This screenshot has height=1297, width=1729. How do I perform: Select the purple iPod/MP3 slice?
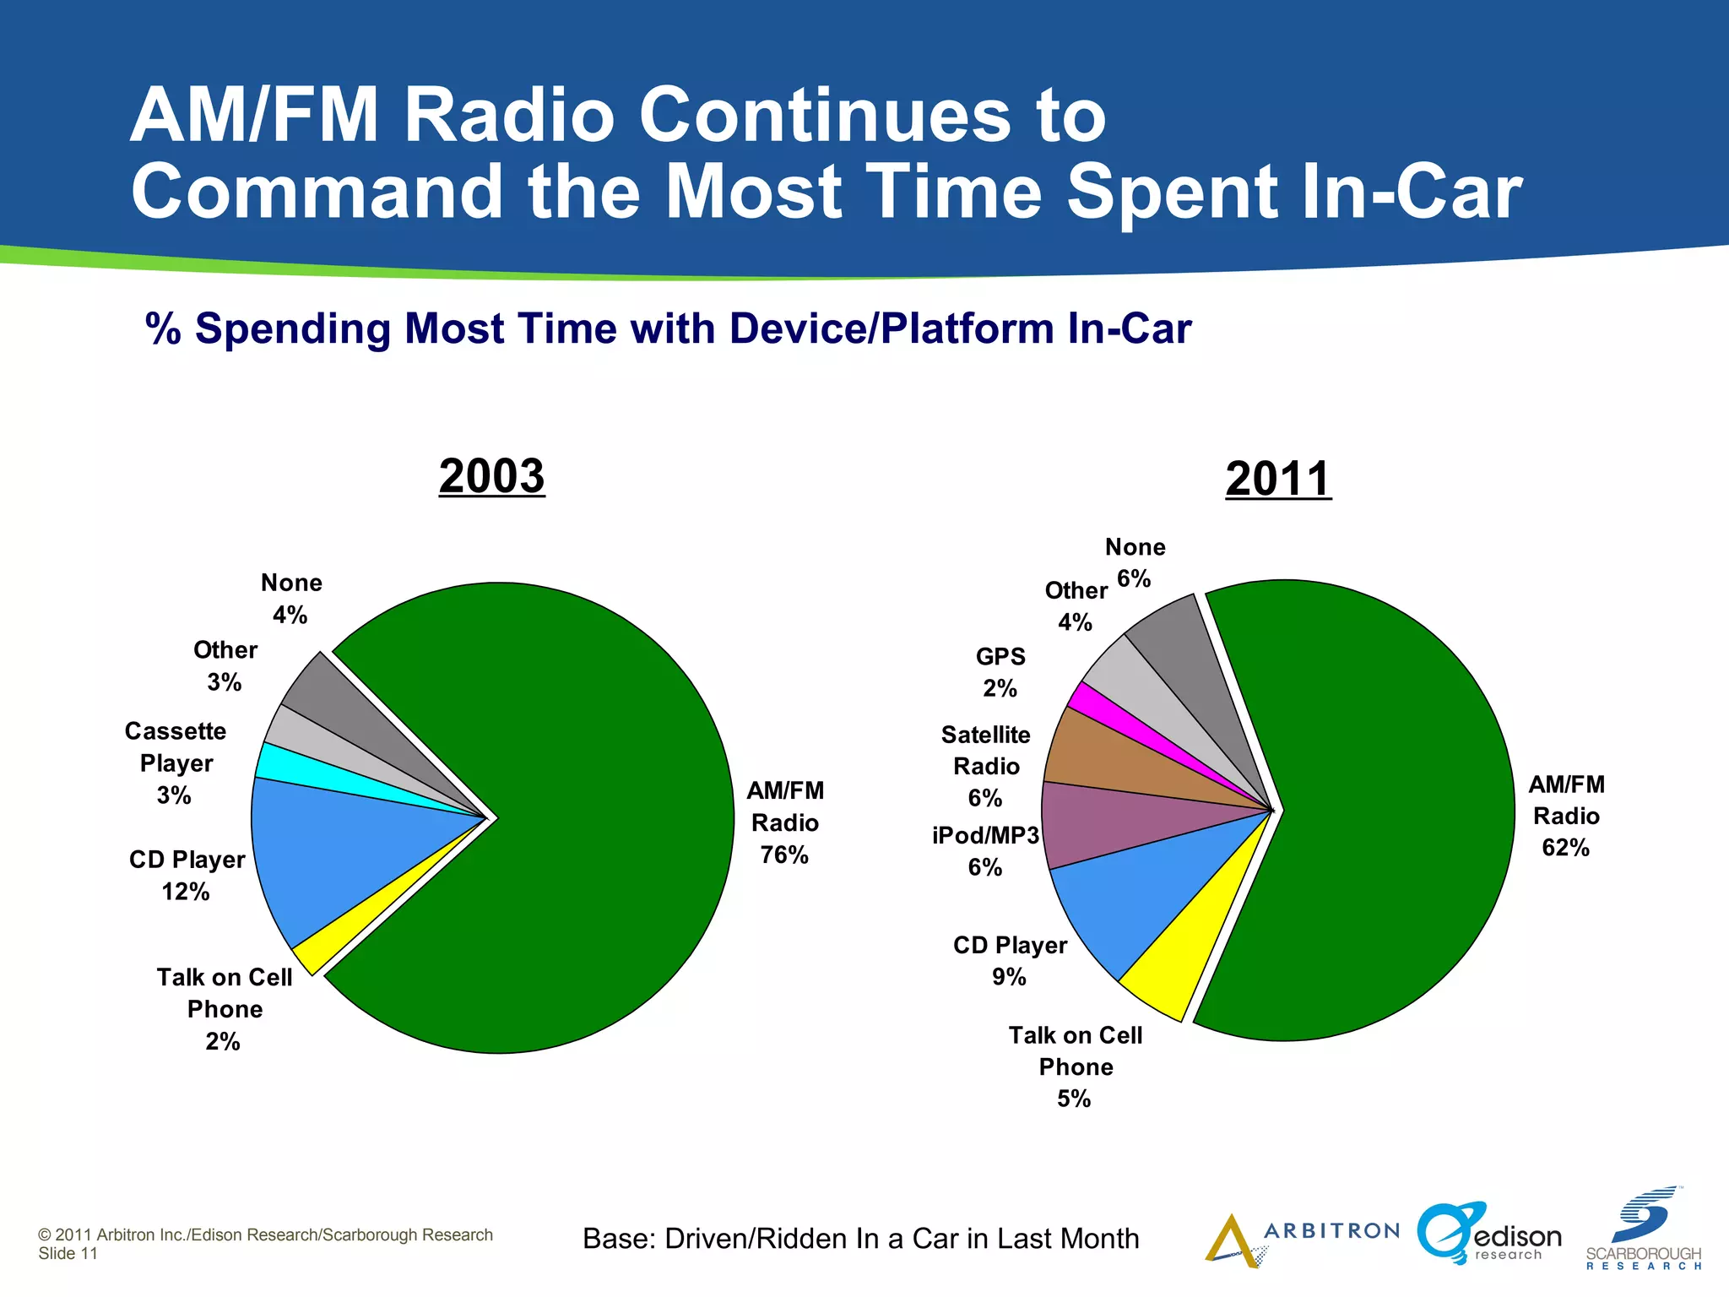1098,823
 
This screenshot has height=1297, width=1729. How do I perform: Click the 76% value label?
784,855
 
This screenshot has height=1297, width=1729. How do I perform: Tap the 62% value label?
1565,848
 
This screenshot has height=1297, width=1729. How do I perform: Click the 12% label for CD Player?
186,892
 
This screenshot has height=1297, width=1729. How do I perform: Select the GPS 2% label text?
1000,672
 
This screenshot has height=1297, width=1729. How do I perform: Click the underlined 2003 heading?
491,476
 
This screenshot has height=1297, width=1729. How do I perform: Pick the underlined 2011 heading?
1278,479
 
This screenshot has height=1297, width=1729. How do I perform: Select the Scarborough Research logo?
1643,1230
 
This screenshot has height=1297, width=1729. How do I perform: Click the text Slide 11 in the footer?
68,1254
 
